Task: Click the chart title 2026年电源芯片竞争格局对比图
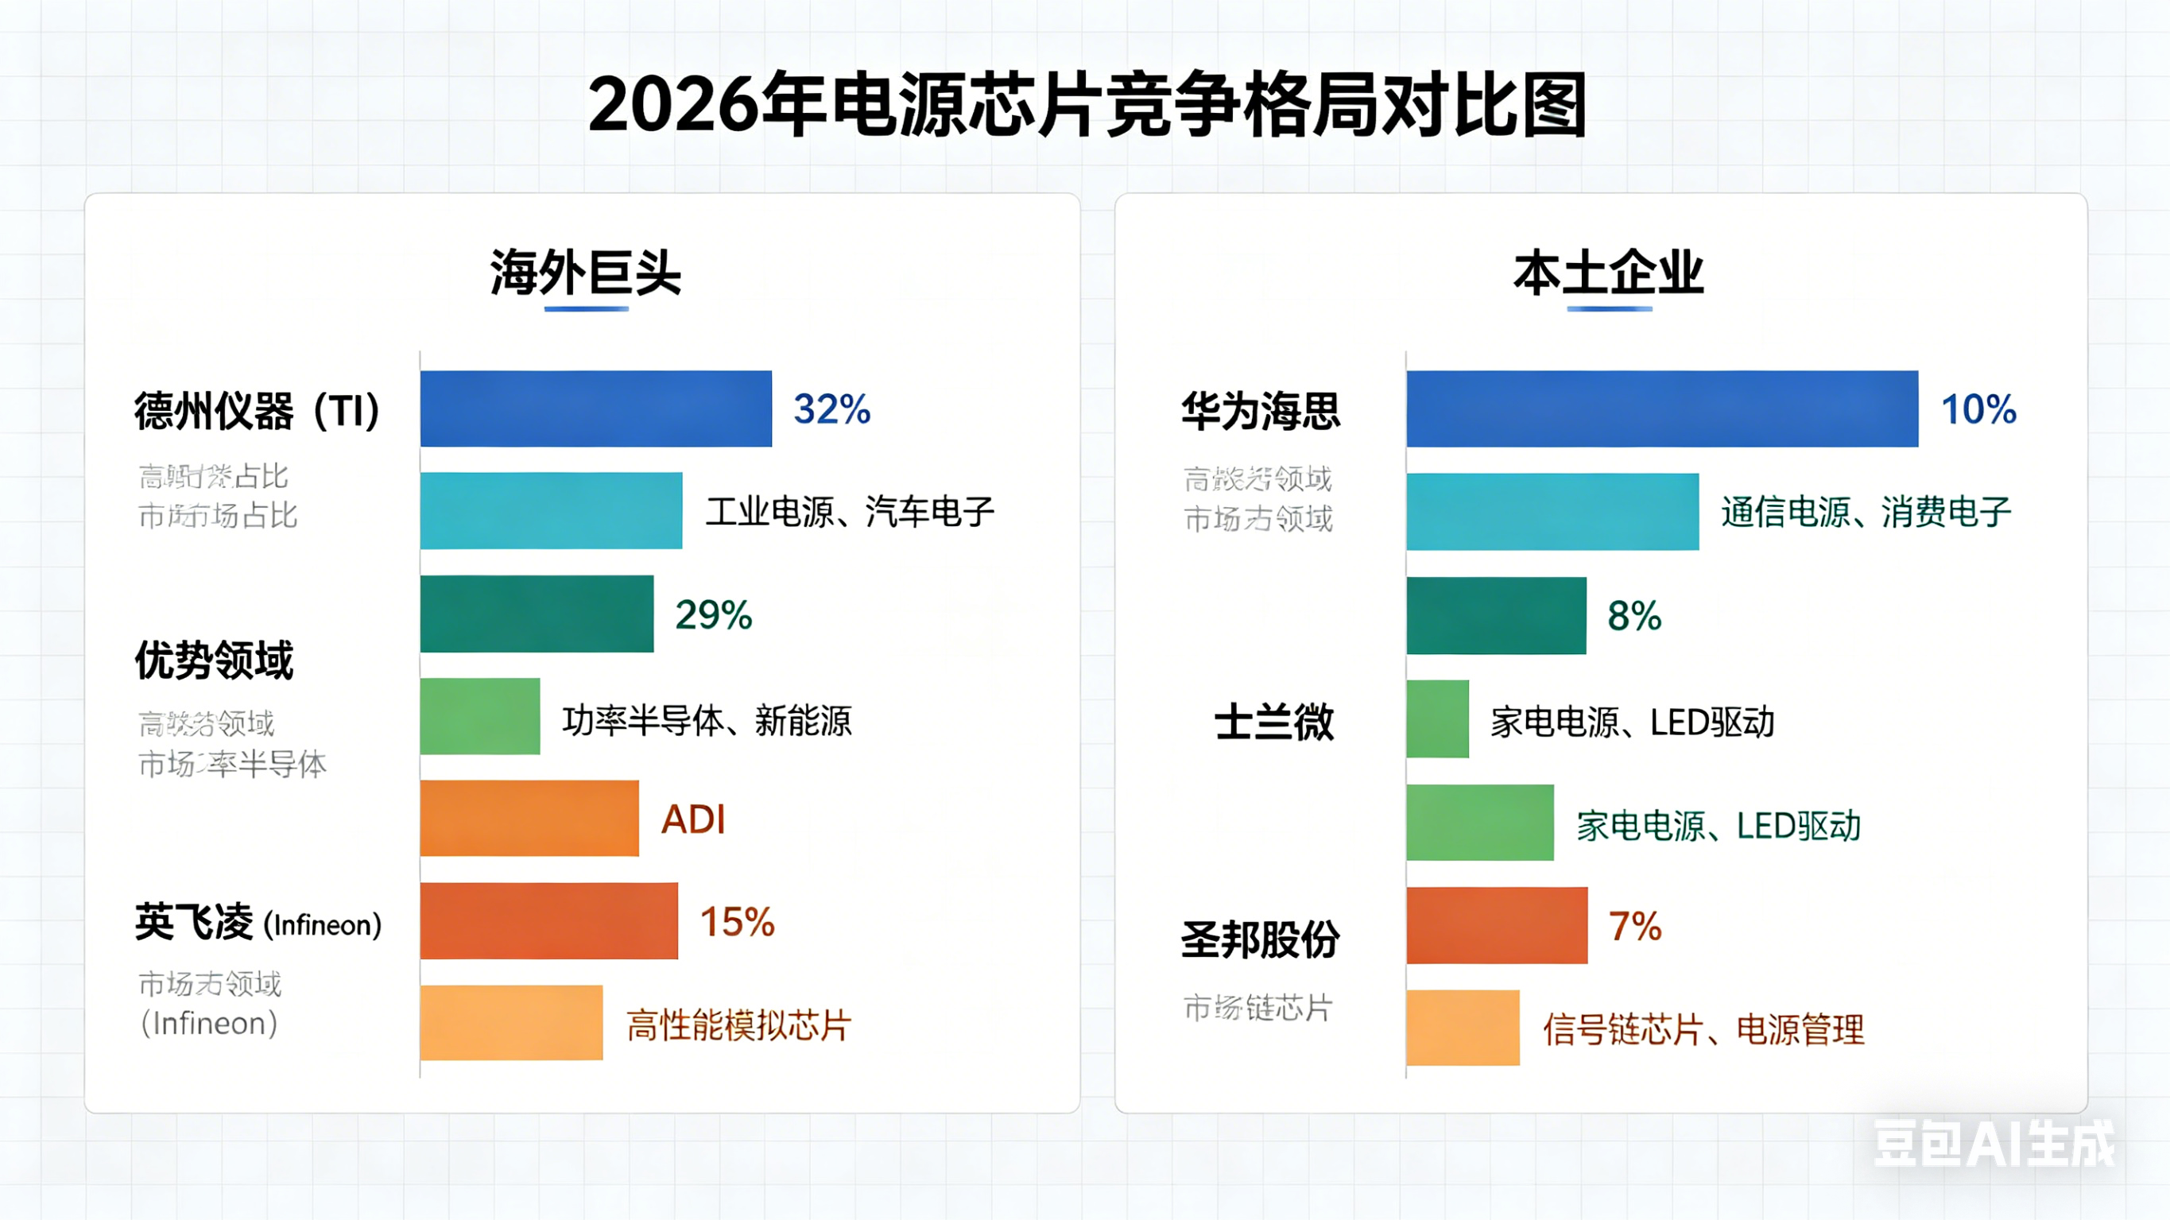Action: point(1087,106)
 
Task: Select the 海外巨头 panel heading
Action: point(586,273)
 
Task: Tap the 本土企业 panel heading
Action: point(1608,273)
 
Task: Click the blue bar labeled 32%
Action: point(595,409)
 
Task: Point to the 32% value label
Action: point(831,409)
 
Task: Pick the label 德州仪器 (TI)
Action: point(257,411)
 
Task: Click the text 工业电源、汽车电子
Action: point(850,511)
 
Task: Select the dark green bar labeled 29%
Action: point(537,614)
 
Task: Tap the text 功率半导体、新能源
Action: point(707,720)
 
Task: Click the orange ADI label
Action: point(692,819)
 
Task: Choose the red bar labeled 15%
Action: point(548,921)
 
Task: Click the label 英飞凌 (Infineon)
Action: point(258,923)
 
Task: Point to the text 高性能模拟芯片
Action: point(738,1025)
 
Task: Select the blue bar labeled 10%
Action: point(1661,409)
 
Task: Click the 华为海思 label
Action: point(1260,411)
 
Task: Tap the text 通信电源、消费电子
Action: point(1866,511)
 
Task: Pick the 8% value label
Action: point(1633,616)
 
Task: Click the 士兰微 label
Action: point(1273,722)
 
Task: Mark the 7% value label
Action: point(1634,926)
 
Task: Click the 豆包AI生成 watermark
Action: point(1993,1144)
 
